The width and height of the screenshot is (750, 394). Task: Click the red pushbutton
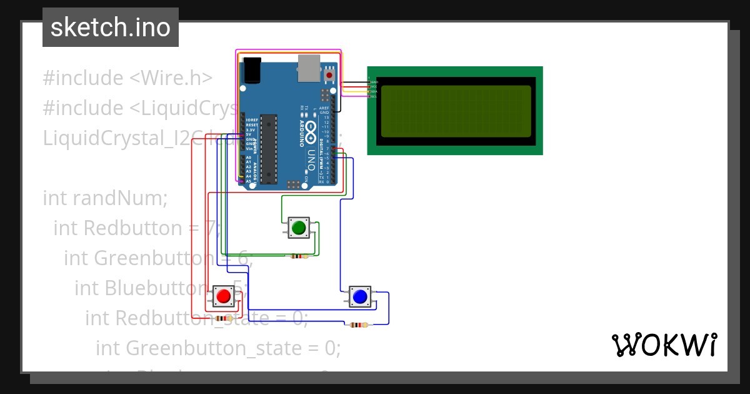223,296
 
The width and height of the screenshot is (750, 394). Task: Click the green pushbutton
298,228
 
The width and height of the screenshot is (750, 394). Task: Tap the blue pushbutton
359,296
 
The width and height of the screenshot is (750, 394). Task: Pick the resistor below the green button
299,256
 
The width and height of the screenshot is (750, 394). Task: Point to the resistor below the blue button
357,325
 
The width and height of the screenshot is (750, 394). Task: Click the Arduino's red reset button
329,76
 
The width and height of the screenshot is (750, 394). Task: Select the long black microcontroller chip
269,149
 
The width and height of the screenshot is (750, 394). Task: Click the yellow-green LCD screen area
456,110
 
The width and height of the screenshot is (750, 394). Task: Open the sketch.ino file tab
111,28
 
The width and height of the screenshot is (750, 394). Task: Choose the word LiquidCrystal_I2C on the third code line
137,138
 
